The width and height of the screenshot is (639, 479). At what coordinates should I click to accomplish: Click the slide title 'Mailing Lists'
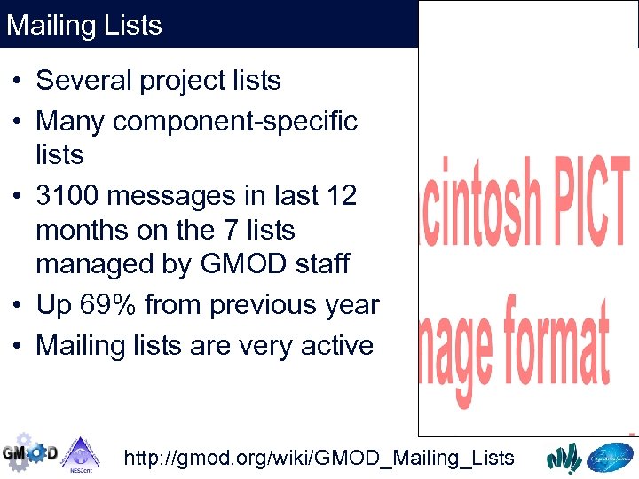click(x=84, y=24)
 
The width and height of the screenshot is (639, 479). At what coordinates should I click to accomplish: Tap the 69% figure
click(x=106, y=305)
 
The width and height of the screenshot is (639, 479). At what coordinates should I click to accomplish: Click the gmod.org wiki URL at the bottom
click(x=319, y=458)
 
